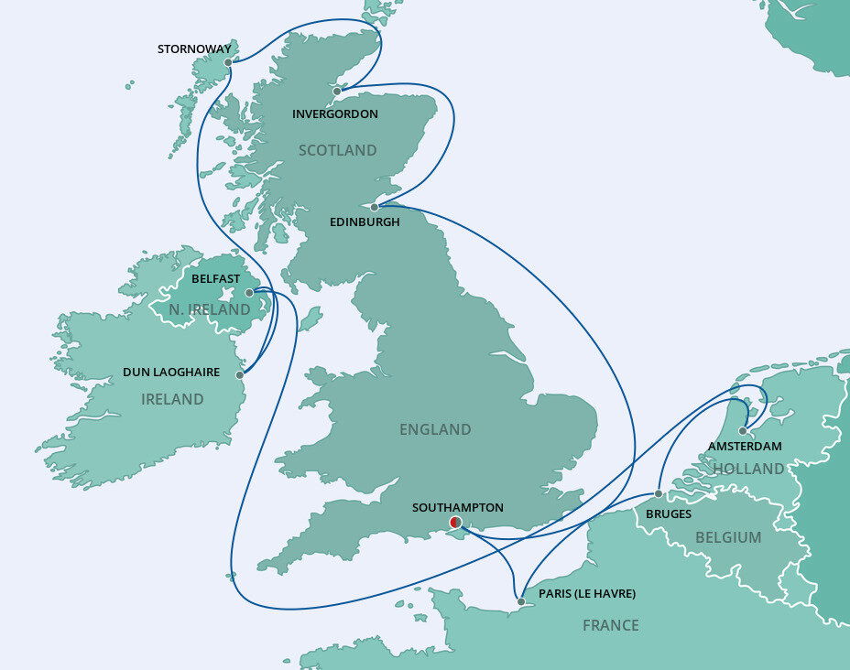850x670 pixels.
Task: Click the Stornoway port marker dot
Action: tap(228, 63)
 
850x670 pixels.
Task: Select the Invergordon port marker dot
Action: tap(337, 92)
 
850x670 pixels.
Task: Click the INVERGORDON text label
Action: tap(334, 114)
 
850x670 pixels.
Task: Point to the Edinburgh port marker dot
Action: tap(375, 207)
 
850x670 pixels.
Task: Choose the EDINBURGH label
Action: tap(365, 222)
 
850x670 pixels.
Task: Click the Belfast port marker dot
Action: tap(249, 293)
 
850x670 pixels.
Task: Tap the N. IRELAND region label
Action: tap(210, 310)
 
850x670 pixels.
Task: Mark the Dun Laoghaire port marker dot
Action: tap(240, 375)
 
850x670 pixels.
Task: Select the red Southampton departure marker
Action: tap(455, 523)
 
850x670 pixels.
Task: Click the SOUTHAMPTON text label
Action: tap(458, 507)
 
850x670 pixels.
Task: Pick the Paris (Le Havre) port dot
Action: tap(521, 602)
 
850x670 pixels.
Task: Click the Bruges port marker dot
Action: tap(659, 494)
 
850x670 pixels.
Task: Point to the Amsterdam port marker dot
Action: tap(743, 430)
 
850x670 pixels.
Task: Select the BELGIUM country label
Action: tap(728, 537)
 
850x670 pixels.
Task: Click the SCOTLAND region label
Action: tap(338, 150)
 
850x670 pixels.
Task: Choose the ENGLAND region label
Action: tap(435, 429)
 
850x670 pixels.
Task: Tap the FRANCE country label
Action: tap(611, 626)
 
